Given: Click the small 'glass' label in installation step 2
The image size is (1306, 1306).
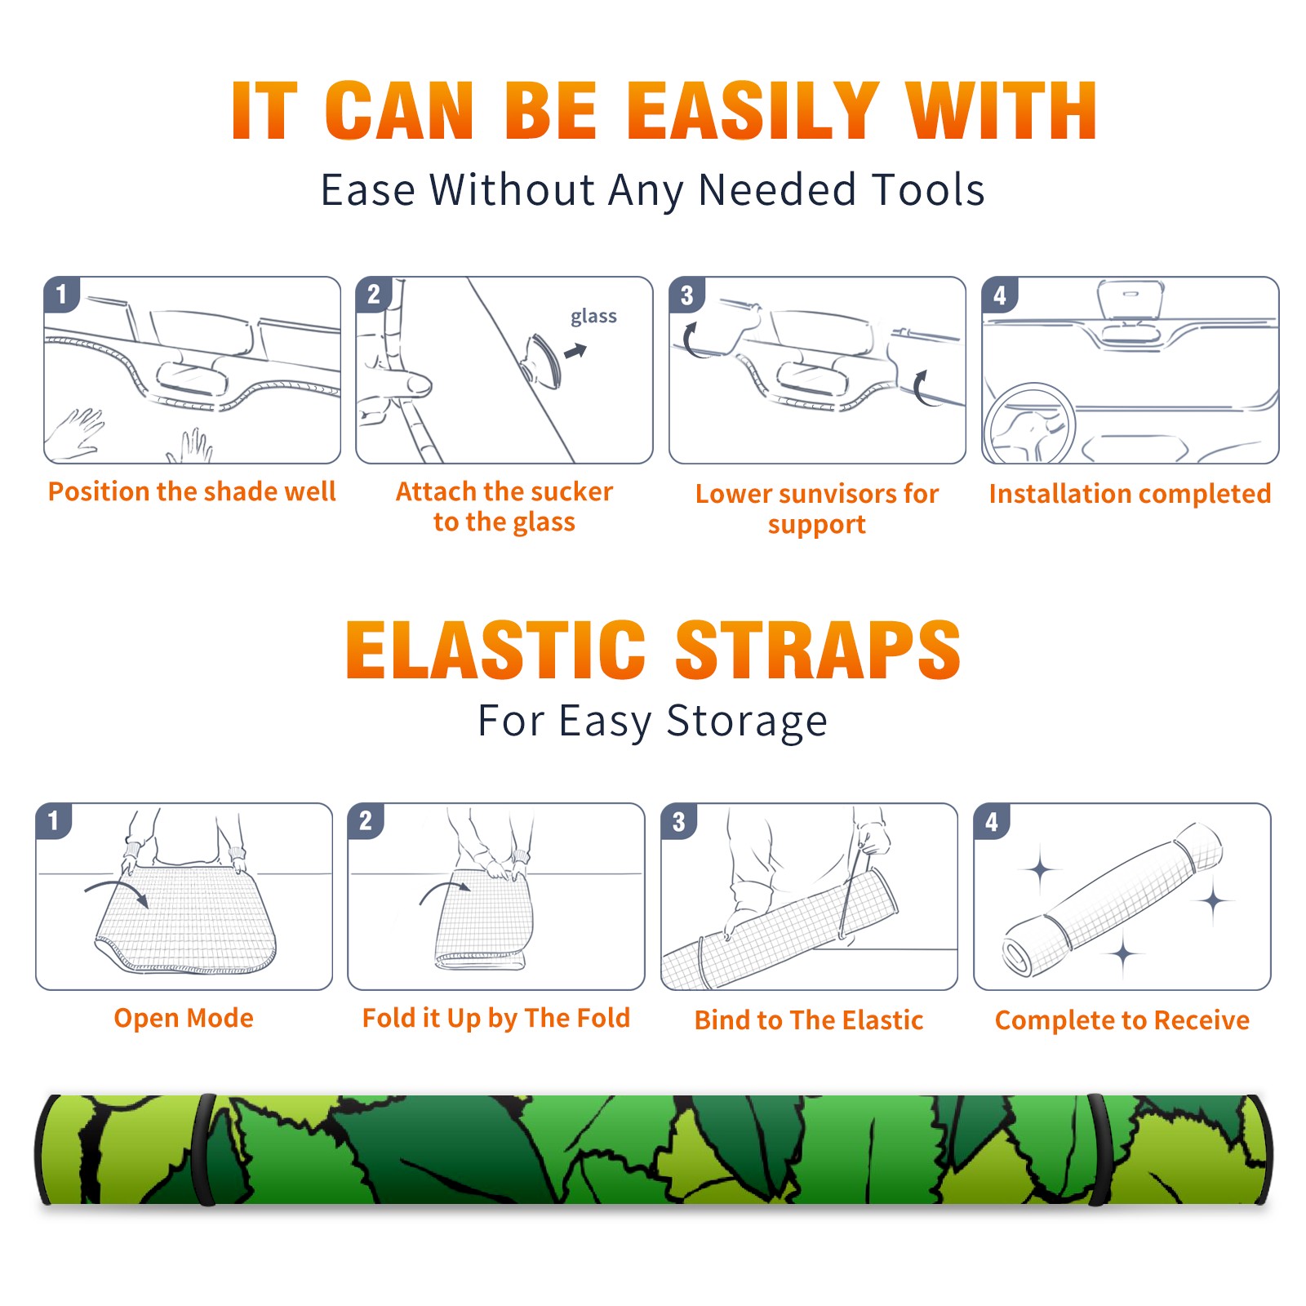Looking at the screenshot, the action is click(593, 317).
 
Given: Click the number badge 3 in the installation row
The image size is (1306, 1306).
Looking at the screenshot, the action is click(687, 295).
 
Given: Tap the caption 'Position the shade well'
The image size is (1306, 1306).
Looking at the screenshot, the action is click(192, 491).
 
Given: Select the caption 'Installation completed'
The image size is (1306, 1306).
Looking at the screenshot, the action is click(1130, 494).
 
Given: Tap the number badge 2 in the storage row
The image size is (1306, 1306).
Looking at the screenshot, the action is click(366, 821).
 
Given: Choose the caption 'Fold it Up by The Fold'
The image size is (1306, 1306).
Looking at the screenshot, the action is click(496, 1018).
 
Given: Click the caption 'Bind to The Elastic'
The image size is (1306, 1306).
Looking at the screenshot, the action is click(809, 1020).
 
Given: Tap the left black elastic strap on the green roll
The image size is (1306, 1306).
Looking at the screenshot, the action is click(205, 1150).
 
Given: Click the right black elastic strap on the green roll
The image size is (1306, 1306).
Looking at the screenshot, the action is click(1099, 1150).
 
